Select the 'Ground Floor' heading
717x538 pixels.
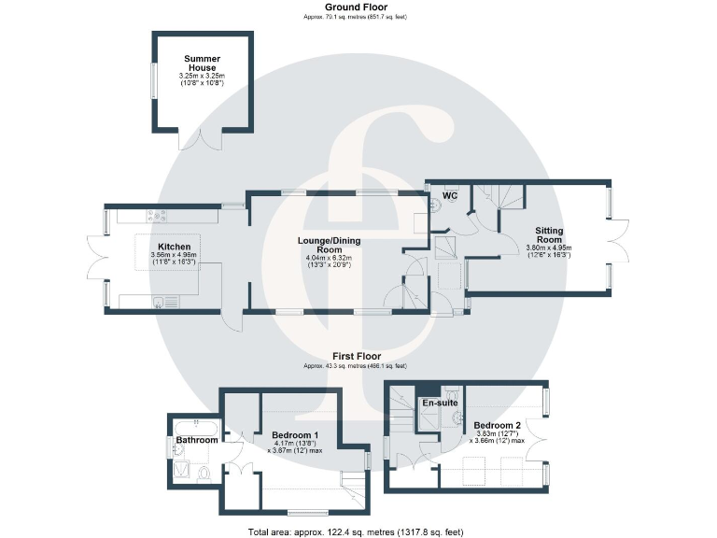356,7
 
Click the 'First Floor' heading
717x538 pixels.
356,356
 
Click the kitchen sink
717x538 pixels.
161,301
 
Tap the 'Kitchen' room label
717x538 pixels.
175,248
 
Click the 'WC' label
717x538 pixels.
449,196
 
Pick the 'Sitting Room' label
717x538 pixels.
548,234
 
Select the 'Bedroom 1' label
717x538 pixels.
295,435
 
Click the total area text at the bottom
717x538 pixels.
356,531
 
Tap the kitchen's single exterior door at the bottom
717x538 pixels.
232,319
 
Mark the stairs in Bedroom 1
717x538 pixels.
353,482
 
